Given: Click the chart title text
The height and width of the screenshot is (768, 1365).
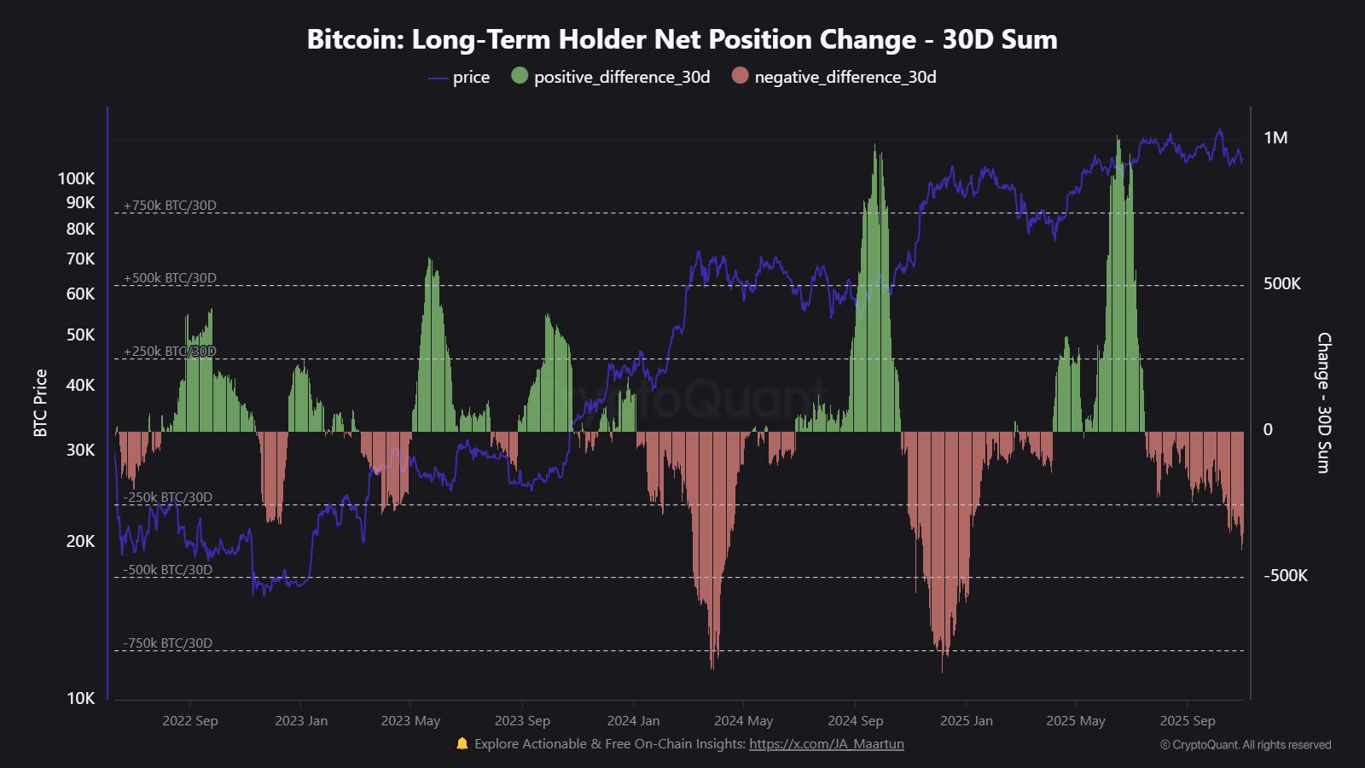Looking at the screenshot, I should pos(682,39).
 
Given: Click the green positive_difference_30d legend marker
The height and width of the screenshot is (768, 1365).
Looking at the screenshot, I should pos(520,76).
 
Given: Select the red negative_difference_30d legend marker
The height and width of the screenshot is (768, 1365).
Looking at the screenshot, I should pos(740,76).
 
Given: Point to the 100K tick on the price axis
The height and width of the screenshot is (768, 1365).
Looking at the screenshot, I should pos(77,178).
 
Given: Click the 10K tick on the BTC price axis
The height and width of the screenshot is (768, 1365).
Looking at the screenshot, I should pos(81,698).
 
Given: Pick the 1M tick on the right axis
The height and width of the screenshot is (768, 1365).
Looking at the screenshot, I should pos(1275,138).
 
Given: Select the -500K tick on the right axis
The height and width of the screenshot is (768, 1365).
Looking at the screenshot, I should pos(1285,576).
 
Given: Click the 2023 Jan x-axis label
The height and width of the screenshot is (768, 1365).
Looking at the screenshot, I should pos(301,721).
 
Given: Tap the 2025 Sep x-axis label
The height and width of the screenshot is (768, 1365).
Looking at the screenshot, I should pos(1187,721).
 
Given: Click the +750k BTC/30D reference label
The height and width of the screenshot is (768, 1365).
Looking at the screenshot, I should pos(170,206).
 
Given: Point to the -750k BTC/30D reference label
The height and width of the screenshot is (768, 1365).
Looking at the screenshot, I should pos(168,643).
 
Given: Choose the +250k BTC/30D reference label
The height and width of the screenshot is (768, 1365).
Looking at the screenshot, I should pos(170,352).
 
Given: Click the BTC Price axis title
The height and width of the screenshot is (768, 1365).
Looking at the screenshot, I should pos(40,403).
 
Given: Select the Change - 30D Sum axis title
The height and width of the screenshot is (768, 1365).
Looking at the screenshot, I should pos(1323,403).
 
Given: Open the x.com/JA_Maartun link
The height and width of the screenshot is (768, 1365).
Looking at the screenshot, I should pos(826,744).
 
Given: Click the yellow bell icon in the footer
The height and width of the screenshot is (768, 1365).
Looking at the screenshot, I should pos(462,744).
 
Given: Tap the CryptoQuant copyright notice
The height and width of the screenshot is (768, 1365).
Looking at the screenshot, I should pos(1245,745).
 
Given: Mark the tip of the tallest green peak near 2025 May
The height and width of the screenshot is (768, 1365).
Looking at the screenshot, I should pos(1118,137).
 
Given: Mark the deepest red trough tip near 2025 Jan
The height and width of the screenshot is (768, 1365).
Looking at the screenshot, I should pos(943,671).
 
